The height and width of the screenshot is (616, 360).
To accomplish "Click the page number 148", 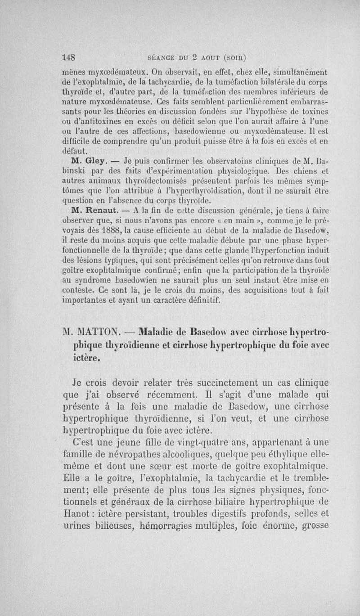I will [x=68, y=57].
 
